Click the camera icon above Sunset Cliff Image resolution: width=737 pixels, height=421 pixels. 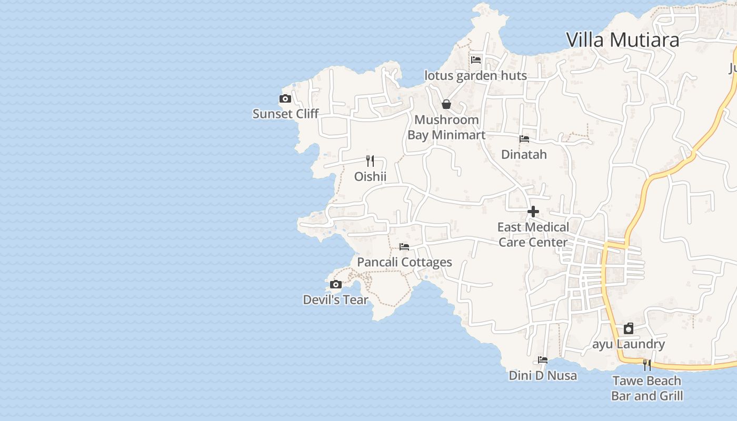[x=285, y=98]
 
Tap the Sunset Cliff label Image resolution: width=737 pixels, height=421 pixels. [x=285, y=114]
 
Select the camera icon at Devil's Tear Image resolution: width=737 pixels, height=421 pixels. [x=335, y=285]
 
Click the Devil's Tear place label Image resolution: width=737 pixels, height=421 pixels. [x=335, y=300]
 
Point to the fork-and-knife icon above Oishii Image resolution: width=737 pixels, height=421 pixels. [x=370, y=161]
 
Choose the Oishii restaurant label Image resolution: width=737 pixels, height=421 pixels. [x=370, y=176]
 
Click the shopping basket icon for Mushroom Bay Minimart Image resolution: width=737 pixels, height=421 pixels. [x=446, y=104]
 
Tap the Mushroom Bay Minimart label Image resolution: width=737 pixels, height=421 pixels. [x=446, y=127]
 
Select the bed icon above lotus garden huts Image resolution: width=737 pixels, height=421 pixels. [x=476, y=59]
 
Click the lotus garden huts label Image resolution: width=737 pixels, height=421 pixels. [x=475, y=76]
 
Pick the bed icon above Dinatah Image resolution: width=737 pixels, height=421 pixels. [x=524, y=139]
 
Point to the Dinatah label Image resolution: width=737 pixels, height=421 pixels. [x=524, y=155]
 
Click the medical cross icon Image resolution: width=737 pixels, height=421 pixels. [x=533, y=212]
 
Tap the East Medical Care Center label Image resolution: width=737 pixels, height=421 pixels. [x=533, y=235]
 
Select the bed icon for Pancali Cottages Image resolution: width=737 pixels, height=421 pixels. [x=404, y=246]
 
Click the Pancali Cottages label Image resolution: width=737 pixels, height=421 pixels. [x=404, y=262]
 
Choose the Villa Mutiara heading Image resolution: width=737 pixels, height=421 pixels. [x=622, y=40]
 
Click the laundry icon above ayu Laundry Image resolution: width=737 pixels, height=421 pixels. [x=629, y=329]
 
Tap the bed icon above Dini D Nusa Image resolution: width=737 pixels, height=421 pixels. [x=543, y=360]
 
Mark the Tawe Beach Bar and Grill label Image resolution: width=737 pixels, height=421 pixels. [x=647, y=388]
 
